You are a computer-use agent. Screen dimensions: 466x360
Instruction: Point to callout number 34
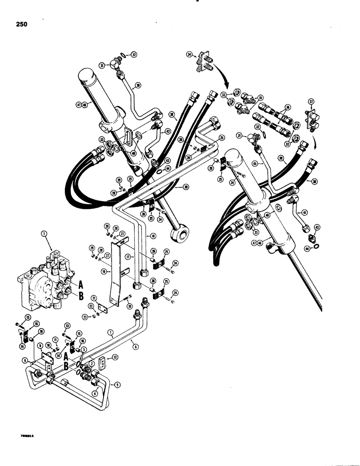tap(189, 55)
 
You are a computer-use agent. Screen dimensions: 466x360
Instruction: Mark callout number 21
tap(93, 298)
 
